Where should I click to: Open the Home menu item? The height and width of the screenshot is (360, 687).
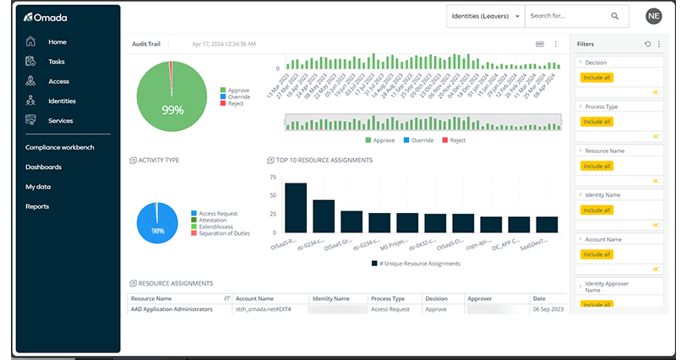click(57, 42)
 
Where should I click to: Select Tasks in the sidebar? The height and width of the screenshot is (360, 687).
click(56, 62)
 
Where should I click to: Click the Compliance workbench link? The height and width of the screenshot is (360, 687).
click(59, 147)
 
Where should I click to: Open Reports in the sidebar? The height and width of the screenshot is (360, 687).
click(37, 206)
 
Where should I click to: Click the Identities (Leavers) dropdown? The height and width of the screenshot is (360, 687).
click(485, 16)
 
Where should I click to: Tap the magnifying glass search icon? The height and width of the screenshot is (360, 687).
click(615, 16)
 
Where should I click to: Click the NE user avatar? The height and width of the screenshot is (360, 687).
click(653, 16)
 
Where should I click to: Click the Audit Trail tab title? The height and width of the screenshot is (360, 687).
click(146, 44)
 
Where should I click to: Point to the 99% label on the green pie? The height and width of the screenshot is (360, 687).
click(173, 110)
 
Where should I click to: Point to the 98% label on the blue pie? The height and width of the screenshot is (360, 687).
click(157, 231)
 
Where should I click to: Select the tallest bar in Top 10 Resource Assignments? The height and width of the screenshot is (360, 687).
click(295, 207)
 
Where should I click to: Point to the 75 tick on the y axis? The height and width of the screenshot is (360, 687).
click(273, 178)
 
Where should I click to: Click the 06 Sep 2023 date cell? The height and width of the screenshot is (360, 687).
click(544, 309)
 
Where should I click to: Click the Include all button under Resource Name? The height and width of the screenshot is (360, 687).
click(597, 166)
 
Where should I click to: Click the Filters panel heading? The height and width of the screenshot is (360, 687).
click(586, 44)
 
